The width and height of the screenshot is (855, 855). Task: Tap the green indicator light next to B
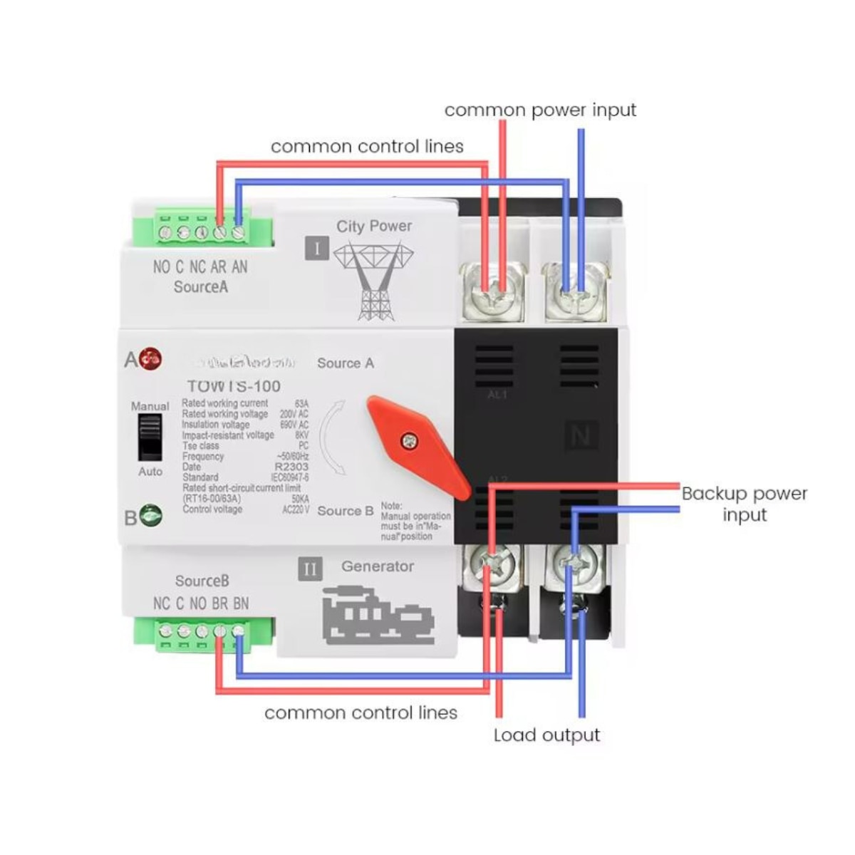(150, 515)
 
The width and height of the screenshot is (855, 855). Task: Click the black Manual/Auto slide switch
(150, 437)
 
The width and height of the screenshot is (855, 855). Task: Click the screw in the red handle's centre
(409, 441)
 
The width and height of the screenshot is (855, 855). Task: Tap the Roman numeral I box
(317, 249)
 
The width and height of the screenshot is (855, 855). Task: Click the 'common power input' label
(540, 110)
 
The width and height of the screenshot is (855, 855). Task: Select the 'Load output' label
(546, 735)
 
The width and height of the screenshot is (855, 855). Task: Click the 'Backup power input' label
(745, 504)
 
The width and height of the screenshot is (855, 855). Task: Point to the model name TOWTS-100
(233, 386)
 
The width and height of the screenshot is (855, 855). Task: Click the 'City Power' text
(374, 226)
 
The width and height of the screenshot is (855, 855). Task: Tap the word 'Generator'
(377, 566)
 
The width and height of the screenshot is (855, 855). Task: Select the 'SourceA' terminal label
(201, 287)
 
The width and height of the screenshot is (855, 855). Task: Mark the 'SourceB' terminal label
(202, 581)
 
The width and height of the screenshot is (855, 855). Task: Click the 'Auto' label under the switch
(150, 472)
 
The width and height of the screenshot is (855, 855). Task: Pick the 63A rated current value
(301, 403)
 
